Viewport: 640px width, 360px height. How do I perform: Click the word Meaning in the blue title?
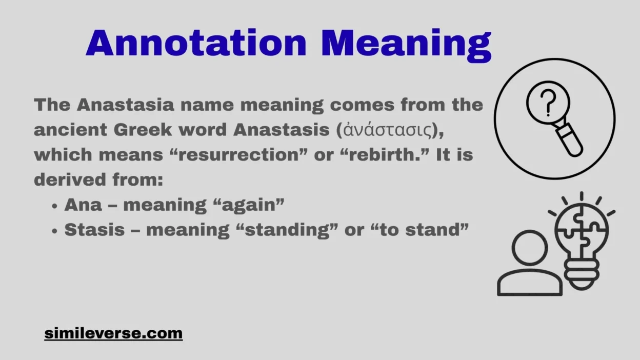pos(406,44)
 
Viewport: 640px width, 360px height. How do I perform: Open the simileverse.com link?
pos(113,333)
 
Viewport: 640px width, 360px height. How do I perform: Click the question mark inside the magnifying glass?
pos(548,102)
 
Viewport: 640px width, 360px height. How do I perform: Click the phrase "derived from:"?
pos(97,180)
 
